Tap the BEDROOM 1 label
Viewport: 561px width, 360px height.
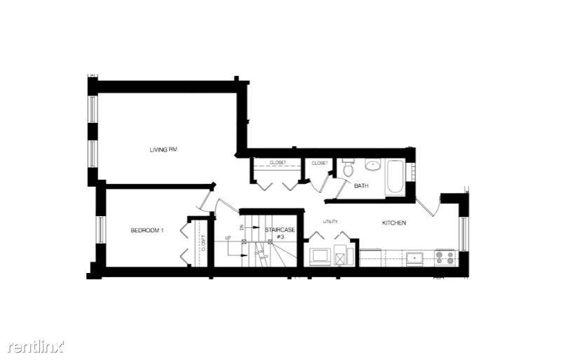(x=147, y=231)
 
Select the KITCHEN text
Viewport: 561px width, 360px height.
(x=393, y=223)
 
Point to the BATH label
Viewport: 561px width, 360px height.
(x=361, y=186)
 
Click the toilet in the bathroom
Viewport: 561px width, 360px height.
(x=349, y=169)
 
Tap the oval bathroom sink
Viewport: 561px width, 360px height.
(x=372, y=166)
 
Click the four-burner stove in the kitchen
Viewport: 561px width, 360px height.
(x=445, y=257)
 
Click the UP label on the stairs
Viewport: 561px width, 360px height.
(x=228, y=239)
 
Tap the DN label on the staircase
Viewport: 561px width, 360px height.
(x=241, y=228)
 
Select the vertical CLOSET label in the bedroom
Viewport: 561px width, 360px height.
(x=203, y=245)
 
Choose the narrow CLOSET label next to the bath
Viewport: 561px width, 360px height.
(x=320, y=163)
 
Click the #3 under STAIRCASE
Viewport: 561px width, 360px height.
(x=280, y=237)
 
